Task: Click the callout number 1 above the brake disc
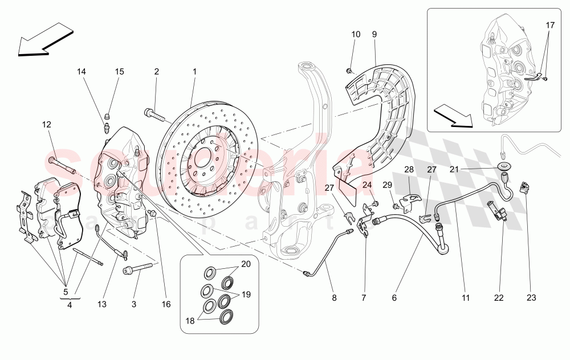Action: [x=194, y=72]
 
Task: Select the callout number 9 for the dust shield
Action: [x=374, y=34]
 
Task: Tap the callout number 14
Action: [x=82, y=72]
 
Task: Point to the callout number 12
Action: [x=46, y=124]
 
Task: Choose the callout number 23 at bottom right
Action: [x=531, y=297]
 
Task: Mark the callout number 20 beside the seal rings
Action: [x=246, y=264]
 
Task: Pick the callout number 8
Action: [x=335, y=297]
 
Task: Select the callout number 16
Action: [x=166, y=305]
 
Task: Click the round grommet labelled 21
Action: [x=503, y=167]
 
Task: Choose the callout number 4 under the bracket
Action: [x=69, y=305]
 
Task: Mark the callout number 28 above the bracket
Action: [x=409, y=170]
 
